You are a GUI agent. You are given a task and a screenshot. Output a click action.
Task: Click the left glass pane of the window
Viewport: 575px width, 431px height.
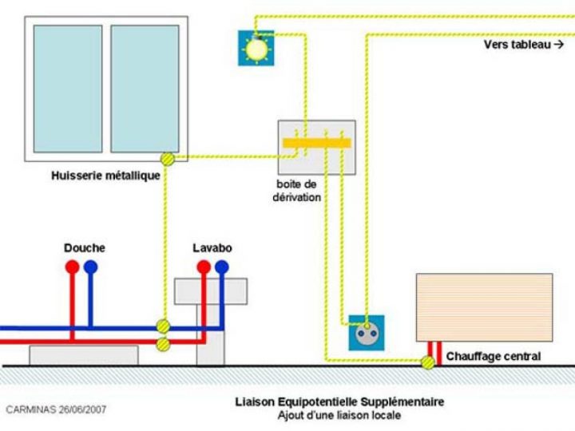tap(68, 89)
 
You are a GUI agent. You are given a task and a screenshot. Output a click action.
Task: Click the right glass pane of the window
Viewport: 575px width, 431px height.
tap(145, 89)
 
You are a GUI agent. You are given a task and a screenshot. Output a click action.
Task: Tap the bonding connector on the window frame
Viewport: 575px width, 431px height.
tap(168, 159)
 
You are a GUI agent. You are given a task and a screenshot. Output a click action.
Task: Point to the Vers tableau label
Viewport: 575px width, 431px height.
tap(523, 45)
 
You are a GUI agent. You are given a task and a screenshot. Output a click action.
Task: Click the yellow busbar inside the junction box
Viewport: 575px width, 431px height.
tap(316, 143)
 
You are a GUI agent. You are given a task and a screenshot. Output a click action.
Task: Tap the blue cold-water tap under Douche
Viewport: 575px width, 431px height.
tap(90, 267)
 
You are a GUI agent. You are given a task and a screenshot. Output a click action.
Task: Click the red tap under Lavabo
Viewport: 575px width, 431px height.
tap(204, 267)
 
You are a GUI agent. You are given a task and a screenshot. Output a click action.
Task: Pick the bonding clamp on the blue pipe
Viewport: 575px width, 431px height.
tap(163, 326)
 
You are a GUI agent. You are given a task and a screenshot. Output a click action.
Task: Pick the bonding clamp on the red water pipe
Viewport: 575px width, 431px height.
tap(163, 344)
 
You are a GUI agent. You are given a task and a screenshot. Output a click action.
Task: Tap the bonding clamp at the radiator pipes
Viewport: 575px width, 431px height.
tap(429, 362)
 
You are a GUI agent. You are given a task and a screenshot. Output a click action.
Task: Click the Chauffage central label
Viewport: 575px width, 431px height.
tap(493, 356)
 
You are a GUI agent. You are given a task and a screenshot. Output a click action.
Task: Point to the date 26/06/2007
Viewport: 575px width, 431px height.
tap(79, 409)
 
